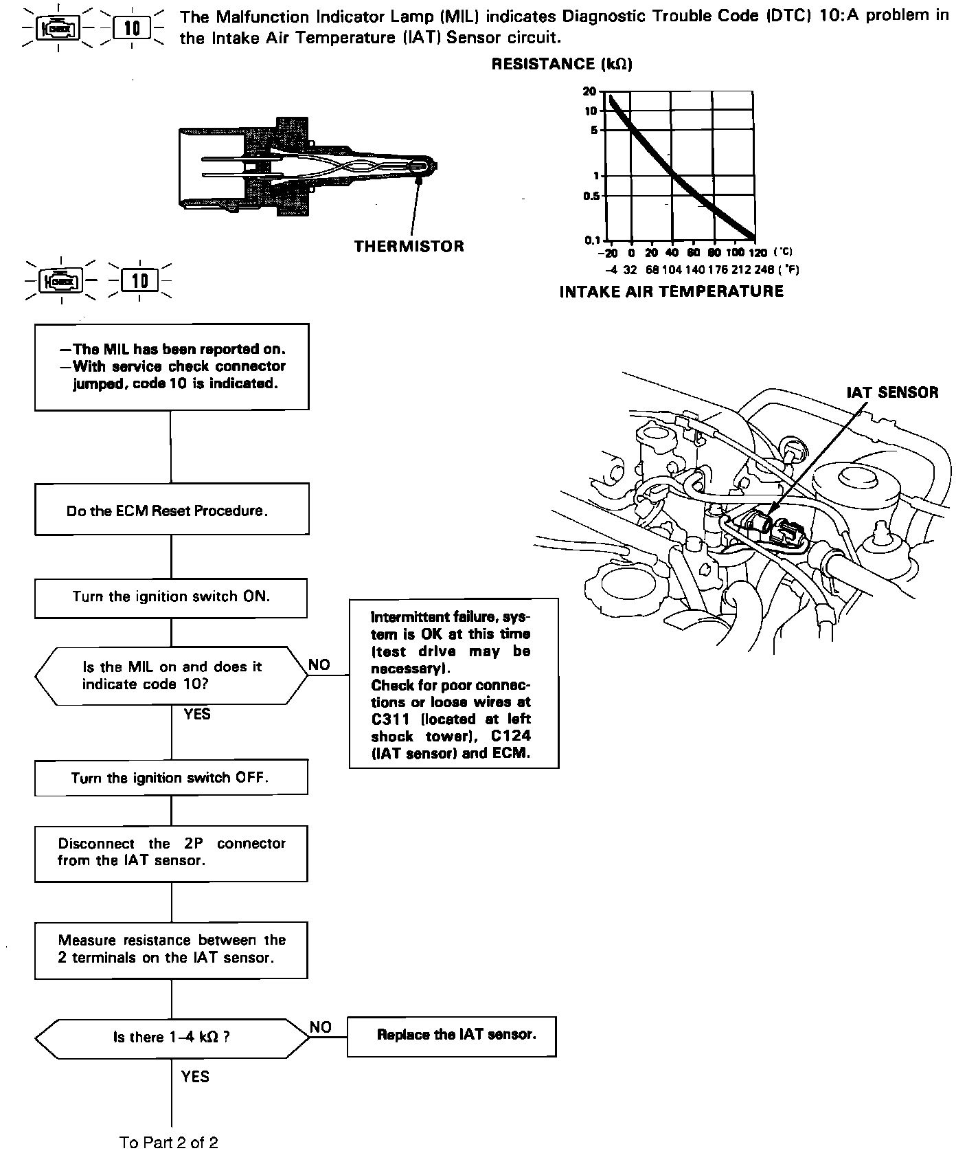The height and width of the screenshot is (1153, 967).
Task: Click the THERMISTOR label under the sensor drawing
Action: [x=409, y=246]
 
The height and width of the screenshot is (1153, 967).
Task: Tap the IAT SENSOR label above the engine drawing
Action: [x=892, y=392]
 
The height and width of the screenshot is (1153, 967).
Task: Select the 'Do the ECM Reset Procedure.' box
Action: [x=172, y=509]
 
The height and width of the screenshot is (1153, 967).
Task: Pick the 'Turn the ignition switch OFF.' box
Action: [x=171, y=778]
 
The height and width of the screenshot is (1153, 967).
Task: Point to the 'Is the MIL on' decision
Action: [x=172, y=675]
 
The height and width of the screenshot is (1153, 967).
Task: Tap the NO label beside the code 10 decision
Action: [x=319, y=664]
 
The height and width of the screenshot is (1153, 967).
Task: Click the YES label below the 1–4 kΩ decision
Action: [x=195, y=1077]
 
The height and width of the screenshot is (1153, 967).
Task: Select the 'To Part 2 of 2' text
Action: [x=169, y=1143]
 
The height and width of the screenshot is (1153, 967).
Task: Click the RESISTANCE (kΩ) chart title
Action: [x=562, y=65]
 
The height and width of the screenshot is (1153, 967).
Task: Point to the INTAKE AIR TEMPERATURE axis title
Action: [x=671, y=291]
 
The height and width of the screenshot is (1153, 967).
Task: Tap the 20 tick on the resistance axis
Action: [x=589, y=91]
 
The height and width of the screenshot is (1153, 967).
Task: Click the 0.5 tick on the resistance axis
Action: [x=590, y=197]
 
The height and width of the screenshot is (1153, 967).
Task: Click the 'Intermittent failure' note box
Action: [x=453, y=683]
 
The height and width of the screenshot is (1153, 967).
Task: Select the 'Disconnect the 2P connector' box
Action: [x=171, y=853]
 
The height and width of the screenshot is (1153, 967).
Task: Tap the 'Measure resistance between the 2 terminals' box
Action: [x=171, y=950]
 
